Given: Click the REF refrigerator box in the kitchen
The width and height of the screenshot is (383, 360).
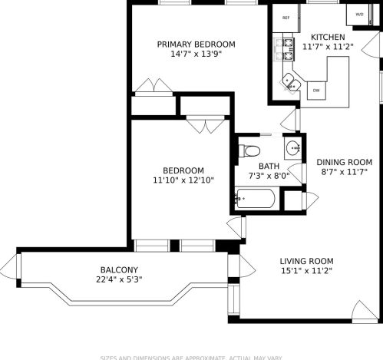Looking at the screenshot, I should click(286, 18).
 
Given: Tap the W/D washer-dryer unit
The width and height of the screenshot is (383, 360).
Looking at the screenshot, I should click(359, 14).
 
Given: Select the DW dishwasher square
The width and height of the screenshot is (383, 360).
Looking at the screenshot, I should click(315, 90).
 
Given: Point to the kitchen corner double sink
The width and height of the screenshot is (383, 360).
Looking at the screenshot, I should click(291, 81).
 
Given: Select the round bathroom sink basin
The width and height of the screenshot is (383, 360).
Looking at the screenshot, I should click(292, 147).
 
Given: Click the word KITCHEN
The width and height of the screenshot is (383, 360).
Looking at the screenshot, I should click(328, 37).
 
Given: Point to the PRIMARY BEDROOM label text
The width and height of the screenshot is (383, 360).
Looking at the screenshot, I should click(196, 45).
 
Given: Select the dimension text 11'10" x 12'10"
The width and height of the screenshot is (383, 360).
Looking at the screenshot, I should click(183, 180).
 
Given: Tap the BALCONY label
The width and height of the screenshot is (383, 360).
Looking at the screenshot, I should click(119, 269).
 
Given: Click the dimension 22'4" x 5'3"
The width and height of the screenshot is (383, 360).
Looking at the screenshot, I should click(119, 279).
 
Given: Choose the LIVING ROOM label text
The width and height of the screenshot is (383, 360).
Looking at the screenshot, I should click(305, 260).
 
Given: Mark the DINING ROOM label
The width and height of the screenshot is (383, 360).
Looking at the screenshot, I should click(344, 162).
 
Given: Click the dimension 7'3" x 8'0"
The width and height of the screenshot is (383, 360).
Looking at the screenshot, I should click(269, 176).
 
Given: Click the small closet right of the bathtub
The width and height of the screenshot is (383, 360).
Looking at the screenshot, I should click(292, 199).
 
